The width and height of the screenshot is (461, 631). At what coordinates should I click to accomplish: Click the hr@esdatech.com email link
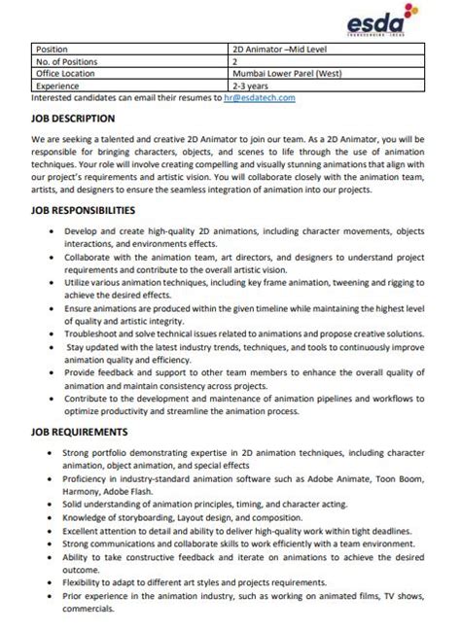click(258, 97)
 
